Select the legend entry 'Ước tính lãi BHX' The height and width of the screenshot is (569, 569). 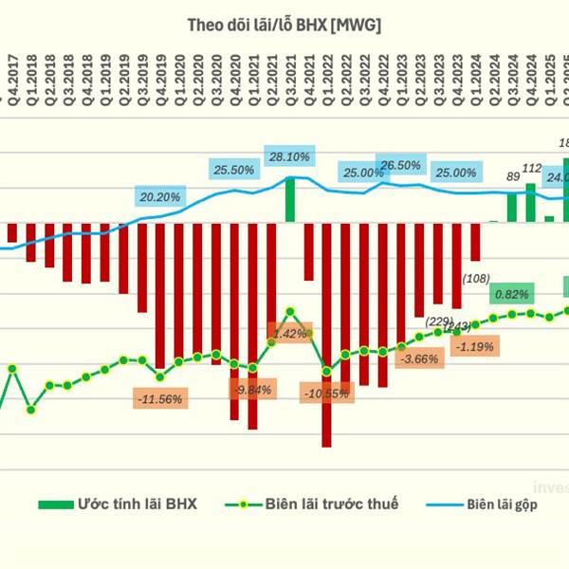(x=118, y=505)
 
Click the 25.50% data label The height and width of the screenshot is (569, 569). (x=233, y=170)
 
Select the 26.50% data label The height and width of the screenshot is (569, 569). (x=399, y=165)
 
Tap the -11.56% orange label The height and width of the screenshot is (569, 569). (x=159, y=399)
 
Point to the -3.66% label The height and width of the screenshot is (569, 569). (x=419, y=359)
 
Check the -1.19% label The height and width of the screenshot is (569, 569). (x=474, y=347)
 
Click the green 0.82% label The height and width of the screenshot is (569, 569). (x=511, y=294)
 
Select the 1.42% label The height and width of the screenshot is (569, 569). (x=289, y=334)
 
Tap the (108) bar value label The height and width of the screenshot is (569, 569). (x=474, y=278)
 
